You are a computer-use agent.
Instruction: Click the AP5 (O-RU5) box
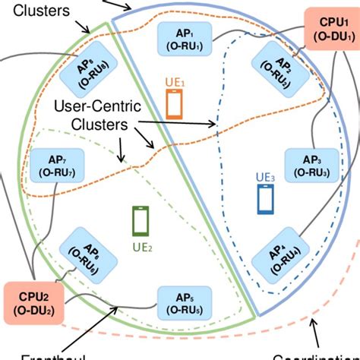pyautogui.click(x=183, y=302)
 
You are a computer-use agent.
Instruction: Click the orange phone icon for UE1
pyautogui.click(x=175, y=103)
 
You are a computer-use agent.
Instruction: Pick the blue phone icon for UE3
pyautogui.click(x=266, y=199)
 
